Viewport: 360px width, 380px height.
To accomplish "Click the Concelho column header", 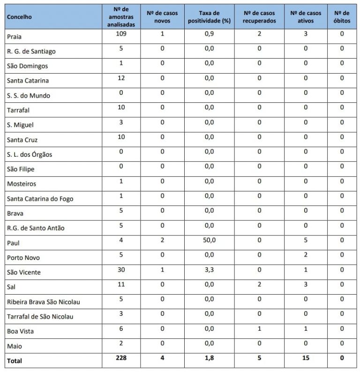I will click(x=19, y=17).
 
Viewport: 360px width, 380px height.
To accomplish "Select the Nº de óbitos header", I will click(x=342, y=17).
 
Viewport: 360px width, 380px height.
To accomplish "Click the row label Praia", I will click(x=15, y=37).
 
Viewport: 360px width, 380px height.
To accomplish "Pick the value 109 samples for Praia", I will click(x=121, y=34).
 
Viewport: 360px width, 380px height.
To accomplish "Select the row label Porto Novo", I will click(x=23, y=258).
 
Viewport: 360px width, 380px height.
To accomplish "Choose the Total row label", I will click(x=15, y=361).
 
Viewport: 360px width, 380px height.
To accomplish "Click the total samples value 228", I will click(x=121, y=358).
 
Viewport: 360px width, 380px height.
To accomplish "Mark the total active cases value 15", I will click(x=306, y=358).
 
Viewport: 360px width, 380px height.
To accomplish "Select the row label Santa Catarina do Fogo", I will click(x=40, y=198).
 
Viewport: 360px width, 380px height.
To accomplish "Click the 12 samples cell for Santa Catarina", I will click(x=121, y=78).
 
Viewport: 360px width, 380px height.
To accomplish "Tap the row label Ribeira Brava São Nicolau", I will click(x=43, y=302).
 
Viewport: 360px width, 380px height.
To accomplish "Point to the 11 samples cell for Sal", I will click(x=121, y=284).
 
